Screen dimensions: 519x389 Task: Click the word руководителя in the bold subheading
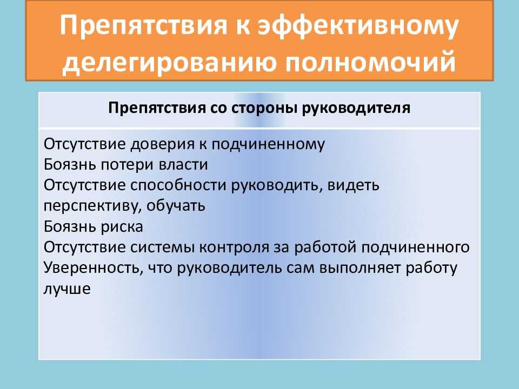point(356,109)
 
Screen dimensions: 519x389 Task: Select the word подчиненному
point(268,145)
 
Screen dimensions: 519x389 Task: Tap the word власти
point(183,165)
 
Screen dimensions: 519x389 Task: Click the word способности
point(178,185)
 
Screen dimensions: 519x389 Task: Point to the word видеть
point(353,185)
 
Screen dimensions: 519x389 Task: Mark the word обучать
point(176,206)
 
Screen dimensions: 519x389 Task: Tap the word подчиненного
point(415,247)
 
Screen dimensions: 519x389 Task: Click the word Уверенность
point(93,268)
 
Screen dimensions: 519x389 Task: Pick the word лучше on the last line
point(67,289)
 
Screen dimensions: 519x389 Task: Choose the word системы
point(162,248)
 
